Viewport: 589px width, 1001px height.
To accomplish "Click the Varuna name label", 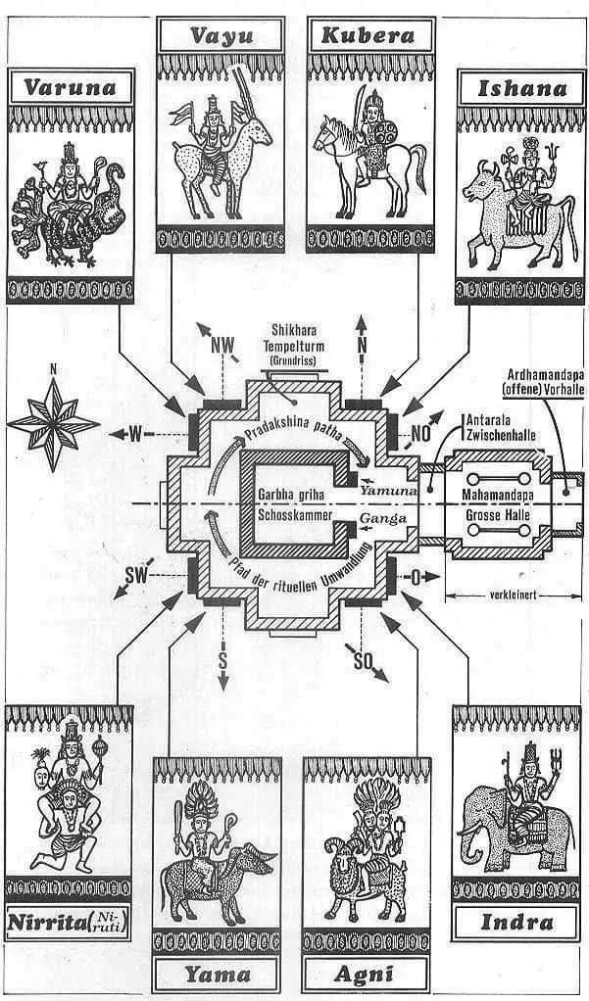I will [x=70, y=87].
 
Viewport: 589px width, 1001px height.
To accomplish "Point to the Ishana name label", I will [x=521, y=88].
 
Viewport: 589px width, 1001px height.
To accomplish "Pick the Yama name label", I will [x=218, y=974].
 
